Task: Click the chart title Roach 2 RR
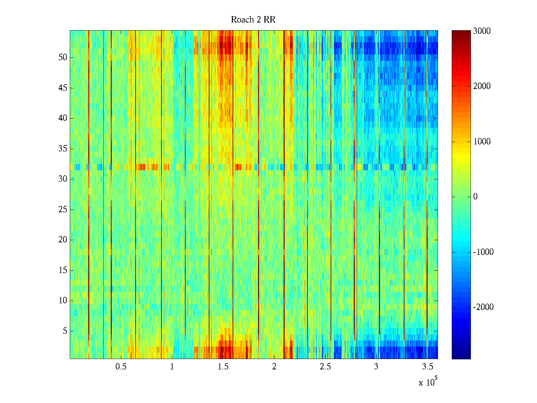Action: click(253, 20)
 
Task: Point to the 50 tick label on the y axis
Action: click(63, 57)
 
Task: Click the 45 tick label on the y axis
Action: click(63, 88)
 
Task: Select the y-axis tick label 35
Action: click(63, 149)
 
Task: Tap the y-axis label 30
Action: click(63, 179)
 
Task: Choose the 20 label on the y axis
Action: click(63, 240)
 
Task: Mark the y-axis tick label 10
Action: click(63, 301)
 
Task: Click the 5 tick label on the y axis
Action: click(65, 331)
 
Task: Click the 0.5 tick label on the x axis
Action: click(121, 367)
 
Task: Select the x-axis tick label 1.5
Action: click(223, 367)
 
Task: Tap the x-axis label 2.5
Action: click(325, 367)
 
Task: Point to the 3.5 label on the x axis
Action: click(427, 367)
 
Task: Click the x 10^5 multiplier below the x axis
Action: click(428, 382)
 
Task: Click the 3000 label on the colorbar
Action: click(482, 31)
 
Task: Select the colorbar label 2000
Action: click(482, 86)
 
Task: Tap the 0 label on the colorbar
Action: click(475, 197)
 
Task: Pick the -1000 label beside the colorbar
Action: click(483, 252)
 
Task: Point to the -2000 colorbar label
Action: click(483, 307)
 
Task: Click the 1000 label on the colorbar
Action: click(482, 142)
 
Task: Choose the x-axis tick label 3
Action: click(376, 367)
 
